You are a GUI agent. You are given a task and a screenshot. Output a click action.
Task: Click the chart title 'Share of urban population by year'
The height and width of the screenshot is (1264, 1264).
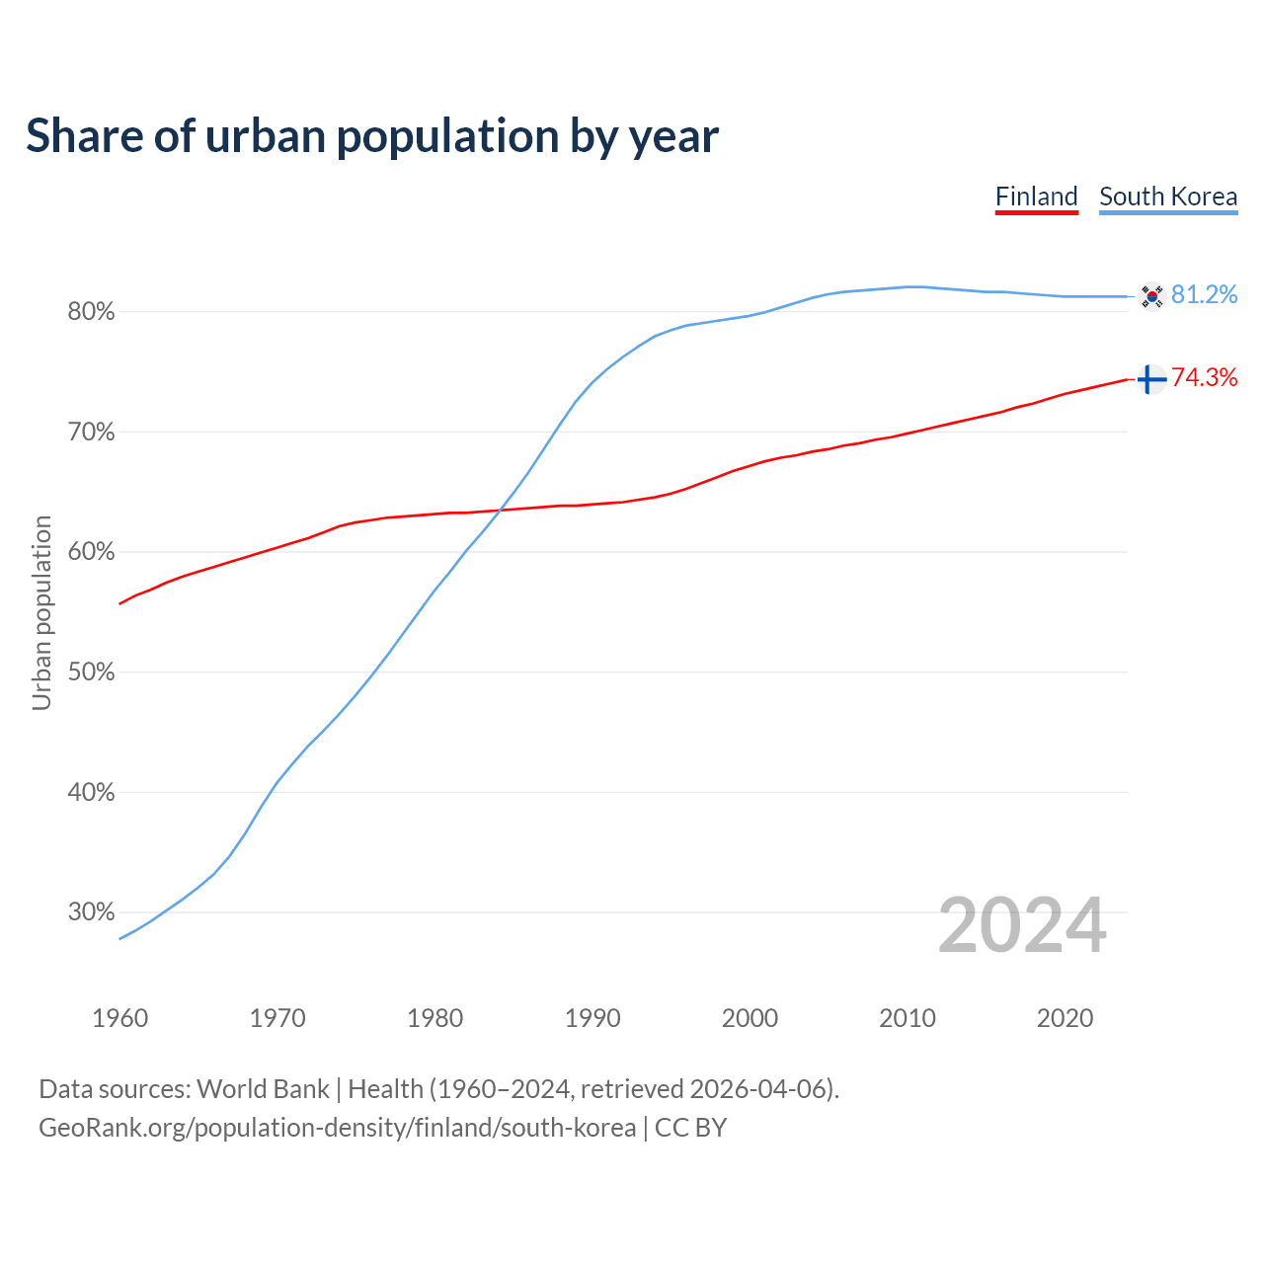point(372,136)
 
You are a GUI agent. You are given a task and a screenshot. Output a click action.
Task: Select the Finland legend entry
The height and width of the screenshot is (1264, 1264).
point(1036,197)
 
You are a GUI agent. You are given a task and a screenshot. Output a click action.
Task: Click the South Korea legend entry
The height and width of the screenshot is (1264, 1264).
point(1168,197)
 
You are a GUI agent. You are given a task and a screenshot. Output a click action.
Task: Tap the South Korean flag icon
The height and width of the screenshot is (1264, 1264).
point(1151,296)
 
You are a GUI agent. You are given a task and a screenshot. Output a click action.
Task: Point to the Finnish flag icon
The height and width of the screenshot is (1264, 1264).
point(1151,379)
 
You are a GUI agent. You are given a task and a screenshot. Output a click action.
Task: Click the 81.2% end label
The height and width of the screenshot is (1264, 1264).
point(1204,295)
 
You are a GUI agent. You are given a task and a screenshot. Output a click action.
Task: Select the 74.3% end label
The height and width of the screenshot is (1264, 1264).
point(1204,378)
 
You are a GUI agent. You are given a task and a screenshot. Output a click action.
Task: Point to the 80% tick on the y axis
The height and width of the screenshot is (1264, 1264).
point(91,312)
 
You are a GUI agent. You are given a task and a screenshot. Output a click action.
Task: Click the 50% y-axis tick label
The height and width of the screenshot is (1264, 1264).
point(91,672)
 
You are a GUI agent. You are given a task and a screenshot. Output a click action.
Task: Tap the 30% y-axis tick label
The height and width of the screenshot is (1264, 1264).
point(91,912)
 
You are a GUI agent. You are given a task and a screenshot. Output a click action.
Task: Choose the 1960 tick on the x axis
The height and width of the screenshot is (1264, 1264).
point(119,1018)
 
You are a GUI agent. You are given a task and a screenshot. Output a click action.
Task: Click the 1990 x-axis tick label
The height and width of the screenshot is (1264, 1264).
point(592,1018)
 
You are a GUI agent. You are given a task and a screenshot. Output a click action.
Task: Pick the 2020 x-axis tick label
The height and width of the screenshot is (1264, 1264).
point(1065,1018)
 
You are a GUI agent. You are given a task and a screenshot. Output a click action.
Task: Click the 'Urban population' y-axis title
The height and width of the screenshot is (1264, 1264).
point(41,612)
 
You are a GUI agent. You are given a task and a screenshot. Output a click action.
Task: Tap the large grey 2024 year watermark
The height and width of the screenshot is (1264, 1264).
point(1022,926)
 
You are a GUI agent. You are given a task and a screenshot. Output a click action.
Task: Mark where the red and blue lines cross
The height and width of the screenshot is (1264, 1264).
point(500,510)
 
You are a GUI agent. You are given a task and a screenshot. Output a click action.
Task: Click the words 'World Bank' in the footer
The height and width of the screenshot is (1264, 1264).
point(263,1089)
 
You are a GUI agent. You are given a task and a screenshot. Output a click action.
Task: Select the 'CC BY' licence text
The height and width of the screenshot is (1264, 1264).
point(690,1128)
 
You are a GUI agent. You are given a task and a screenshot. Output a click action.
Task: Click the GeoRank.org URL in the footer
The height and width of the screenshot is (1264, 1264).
point(337,1128)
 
